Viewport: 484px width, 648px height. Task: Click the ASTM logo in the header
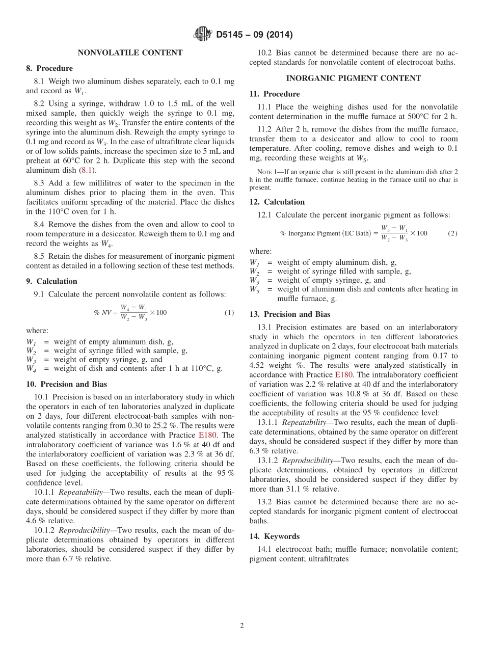pyautogui.click(x=203, y=35)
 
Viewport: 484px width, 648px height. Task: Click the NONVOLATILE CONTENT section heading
pyautogui.click(x=130, y=52)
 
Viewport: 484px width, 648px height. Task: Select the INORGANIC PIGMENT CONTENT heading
pyautogui.click(x=353, y=78)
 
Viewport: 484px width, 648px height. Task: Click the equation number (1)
pyautogui.click(x=229, y=312)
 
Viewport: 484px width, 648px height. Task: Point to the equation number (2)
pyautogui.click(x=452, y=233)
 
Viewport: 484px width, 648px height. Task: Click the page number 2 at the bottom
pyautogui.click(x=242, y=626)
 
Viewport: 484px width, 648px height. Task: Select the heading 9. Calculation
pyautogui.click(x=51, y=281)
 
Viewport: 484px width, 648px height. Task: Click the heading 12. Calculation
pyautogui.click(x=277, y=202)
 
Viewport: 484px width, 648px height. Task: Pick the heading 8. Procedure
pyautogui.click(x=49, y=68)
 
